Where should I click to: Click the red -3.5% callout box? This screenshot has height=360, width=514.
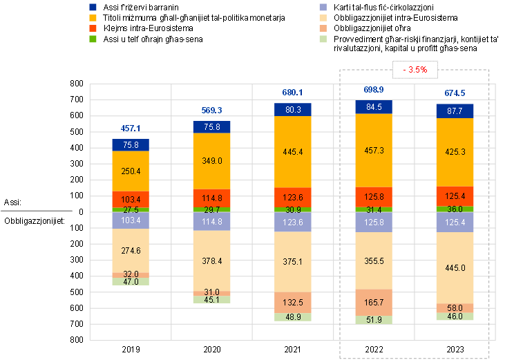tap(415, 69)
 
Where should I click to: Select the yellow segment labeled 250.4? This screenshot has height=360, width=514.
tap(131, 171)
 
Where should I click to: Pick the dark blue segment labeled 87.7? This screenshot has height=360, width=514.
tap(455, 111)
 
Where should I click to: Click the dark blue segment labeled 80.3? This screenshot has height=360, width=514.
tap(293, 109)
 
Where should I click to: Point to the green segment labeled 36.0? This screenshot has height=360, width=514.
tap(455, 209)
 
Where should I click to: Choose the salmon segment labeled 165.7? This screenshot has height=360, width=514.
tap(374, 302)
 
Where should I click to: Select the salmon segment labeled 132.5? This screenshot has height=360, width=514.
tap(293, 302)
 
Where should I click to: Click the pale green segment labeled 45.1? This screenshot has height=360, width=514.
tap(211, 300)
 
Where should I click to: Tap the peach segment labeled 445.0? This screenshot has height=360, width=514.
tap(455, 267)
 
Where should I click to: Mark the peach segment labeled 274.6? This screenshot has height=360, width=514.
tap(131, 250)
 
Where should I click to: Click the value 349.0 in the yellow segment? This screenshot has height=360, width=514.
tap(211, 160)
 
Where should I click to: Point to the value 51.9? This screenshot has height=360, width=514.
tap(374, 320)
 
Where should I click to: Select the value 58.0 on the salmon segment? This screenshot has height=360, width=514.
tap(455, 307)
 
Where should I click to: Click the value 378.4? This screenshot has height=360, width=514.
tap(211, 261)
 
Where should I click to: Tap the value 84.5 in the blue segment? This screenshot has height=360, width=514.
tap(374, 107)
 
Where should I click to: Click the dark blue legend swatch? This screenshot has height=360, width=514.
tap(93, 7)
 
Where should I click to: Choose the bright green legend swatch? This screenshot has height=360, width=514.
tap(93, 39)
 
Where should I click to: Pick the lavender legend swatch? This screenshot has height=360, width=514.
tap(323, 7)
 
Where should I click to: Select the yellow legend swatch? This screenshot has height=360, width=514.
tap(93, 17)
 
